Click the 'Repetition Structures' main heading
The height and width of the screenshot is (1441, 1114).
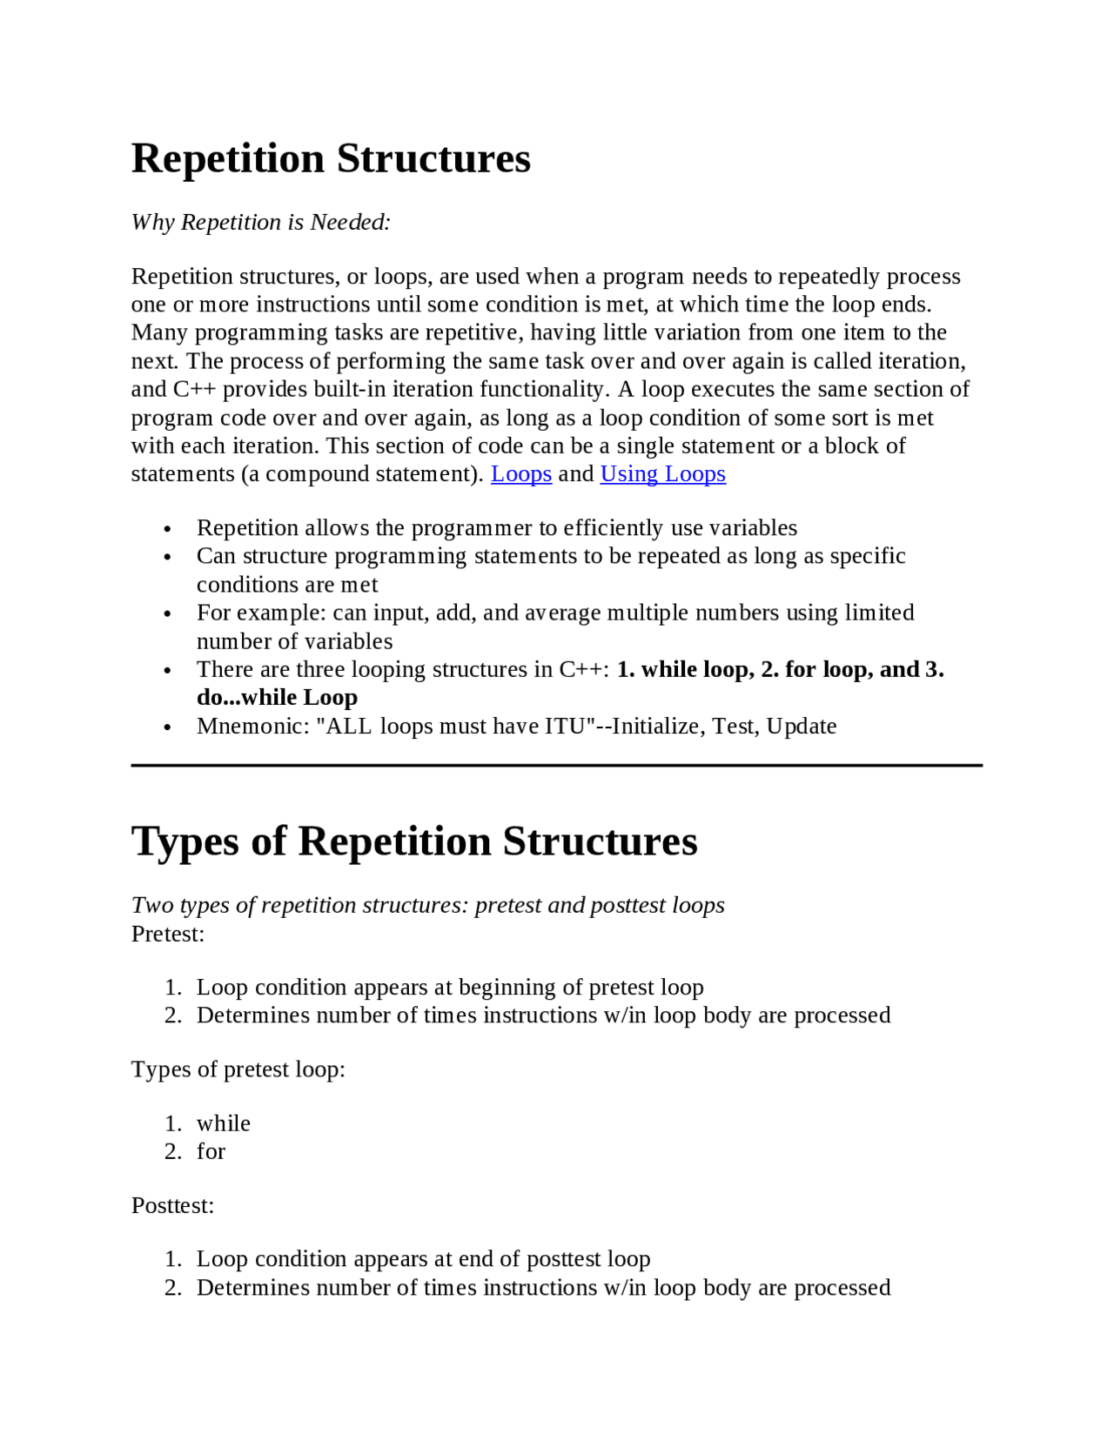point(331,159)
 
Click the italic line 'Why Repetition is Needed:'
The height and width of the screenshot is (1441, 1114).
point(260,223)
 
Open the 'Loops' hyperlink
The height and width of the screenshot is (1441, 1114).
point(520,474)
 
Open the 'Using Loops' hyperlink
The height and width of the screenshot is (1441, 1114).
point(662,474)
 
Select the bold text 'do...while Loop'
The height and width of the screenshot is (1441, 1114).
point(277,698)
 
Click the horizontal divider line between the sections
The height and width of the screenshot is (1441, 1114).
point(557,766)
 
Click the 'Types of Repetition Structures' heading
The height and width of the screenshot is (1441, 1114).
point(414,842)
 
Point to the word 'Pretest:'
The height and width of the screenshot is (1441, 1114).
point(168,935)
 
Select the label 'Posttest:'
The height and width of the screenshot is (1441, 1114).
point(172,1206)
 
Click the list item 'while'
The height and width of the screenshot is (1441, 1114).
point(223,1124)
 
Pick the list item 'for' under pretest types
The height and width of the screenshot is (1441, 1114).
point(211,1152)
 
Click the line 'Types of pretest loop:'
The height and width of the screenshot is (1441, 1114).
point(238,1069)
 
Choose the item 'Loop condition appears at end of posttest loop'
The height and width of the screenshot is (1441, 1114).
point(423,1259)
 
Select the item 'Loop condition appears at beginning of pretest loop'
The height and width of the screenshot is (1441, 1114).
point(449,988)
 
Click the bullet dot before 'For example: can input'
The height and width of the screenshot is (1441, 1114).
point(168,614)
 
